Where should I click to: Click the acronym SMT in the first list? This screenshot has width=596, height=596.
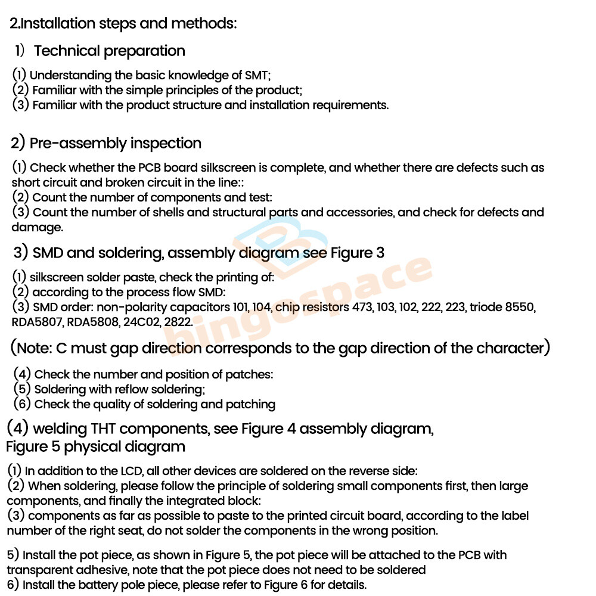257,76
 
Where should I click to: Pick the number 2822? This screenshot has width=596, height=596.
177,322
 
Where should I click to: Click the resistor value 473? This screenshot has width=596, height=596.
362,308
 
